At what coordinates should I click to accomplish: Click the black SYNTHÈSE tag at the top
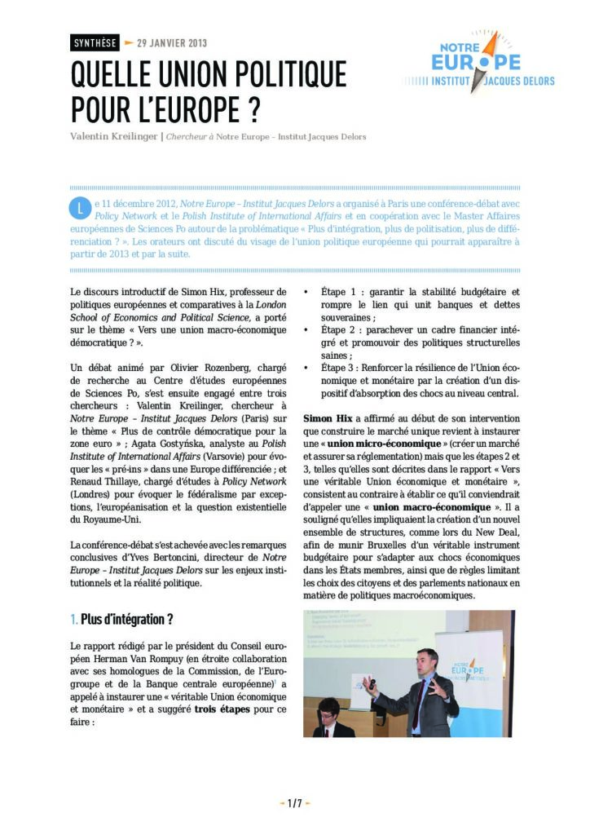click(95, 43)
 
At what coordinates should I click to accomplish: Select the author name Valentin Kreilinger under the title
click(113, 136)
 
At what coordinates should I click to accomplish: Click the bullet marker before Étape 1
click(307, 291)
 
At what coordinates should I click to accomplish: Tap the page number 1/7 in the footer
click(294, 804)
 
